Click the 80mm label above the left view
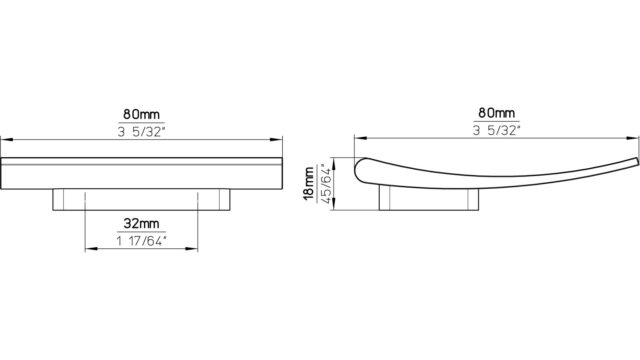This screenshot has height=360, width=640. pos(141,115)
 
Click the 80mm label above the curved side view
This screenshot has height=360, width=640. pos(496,113)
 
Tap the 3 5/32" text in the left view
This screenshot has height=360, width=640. pos(142,132)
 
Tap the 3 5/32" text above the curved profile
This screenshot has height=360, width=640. pos(497,131)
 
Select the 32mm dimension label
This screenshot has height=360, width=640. pos(141,224)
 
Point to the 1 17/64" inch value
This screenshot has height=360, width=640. pos(142,241)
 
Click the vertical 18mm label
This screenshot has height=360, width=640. pos(309,184)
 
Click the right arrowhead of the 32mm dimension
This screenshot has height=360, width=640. pos(192,249)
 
